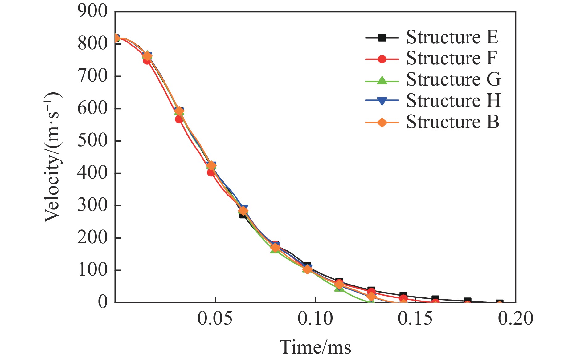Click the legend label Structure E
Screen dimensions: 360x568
tap(452, 38)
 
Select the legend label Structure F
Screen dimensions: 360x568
tap(452, 59)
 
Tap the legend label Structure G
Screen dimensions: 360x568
tap(453, 80)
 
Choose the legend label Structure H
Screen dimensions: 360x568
tap(453, 101)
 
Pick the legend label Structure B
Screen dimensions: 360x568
tap(452, 122)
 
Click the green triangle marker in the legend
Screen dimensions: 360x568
tap(382, 80)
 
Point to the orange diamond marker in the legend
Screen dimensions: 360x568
tap(382, 123)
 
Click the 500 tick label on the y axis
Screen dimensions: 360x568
tap(92, 141)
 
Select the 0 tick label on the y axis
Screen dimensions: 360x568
tap(103, 302)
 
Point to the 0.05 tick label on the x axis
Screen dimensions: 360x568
tap(215, 319)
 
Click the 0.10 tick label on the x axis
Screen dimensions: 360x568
tap(315, 319)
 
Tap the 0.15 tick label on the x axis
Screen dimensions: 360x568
tap(415, 319)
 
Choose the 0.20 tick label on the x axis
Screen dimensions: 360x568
tap(515, 319)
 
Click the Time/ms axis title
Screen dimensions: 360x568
tap(315, 347)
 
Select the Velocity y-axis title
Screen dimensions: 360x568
tap(52, 157)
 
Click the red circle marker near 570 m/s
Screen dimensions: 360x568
tap(179, 119)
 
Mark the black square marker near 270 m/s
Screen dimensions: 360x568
tap(243, 215)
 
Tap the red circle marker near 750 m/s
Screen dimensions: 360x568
tap(147, 61)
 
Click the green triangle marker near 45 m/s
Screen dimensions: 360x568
tap(339, 288)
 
